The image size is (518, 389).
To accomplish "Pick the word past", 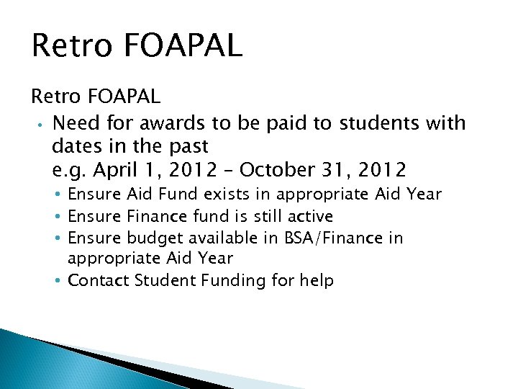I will tap(186, 146).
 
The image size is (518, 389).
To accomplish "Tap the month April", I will tap(121, 170).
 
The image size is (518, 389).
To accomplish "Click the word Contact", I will tap(98, 280).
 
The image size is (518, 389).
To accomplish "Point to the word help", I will tap(316, 280).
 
